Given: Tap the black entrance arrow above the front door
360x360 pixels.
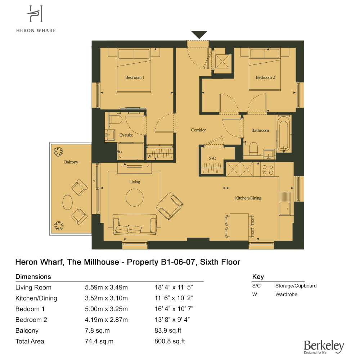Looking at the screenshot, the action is click(x=199, y=35).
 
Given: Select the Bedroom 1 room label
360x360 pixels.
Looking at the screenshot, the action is click(x=135, y=77).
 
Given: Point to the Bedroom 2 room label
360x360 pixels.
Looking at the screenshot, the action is click(x=265, y=77).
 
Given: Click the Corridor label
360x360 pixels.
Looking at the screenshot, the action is click(x=198, y=130).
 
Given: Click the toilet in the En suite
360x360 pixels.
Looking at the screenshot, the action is click(x=116, y=120).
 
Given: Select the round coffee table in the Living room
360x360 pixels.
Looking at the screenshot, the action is click(x=135, y=197).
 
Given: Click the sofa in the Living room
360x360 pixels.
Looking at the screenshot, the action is click(x=135, y=224).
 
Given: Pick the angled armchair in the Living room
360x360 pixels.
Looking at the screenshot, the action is click(x=170, y=206).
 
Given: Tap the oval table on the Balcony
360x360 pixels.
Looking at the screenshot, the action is click(x=68, y=202).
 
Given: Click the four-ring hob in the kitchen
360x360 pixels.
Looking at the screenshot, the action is click(x=268, y=170).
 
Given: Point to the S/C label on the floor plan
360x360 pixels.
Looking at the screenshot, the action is click(x=212, y=158).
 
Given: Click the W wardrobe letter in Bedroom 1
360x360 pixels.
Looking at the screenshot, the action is click(x=149, y=156).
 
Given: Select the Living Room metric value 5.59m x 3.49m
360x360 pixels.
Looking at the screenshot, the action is click(x=106, y=287).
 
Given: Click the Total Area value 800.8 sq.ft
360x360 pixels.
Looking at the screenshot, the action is click(x=170, y=341).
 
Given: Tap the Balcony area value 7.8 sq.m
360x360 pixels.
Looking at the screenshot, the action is click(x=97, y=330).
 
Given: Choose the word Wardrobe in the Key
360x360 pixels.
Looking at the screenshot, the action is click(x=286, y=294).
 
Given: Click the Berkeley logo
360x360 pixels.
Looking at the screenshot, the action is click(x=324, y=347).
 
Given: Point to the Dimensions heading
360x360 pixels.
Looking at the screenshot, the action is click(x=33, y=276).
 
